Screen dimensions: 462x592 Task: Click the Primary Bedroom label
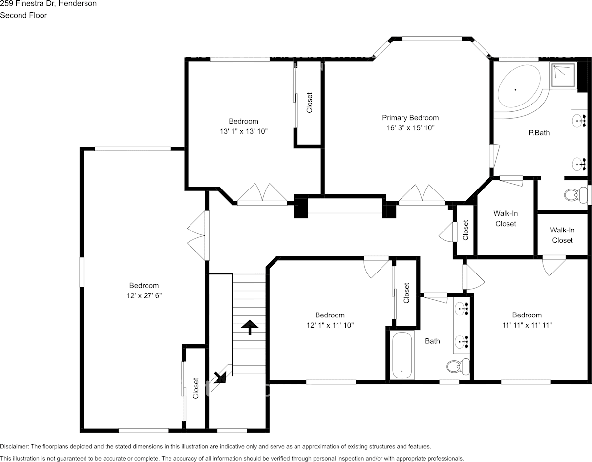pyautogui.click(x=410, y=118)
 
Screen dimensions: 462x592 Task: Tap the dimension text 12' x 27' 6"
pyautogui.click(x=144, y=295)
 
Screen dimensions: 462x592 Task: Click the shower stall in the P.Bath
pyautogui.click(x=564, y=75)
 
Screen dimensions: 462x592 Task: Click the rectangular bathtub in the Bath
pyautogui.click(x=402, y=356)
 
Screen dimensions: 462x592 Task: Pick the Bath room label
pyautogui.click(x=432, y=341)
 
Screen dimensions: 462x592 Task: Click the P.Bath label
pyautogui.click(x=539, y=132)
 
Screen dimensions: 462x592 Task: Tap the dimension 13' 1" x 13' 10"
pyautogui.click(x=243, y=131)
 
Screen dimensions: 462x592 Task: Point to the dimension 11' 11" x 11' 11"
pyautogui.click(x=527, y=325)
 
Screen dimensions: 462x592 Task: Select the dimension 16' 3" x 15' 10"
pyautogui.click(x=410, y=128)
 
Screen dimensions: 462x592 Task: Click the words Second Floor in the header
pyautogui.click(x=23, y=15)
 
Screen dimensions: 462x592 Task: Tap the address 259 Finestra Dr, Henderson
pyautogui.click(x=48, y=4)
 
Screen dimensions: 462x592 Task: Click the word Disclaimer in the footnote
pyautogui.click(x=15, y=446)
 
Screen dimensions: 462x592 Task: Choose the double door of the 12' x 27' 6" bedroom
pyautogui.click(x=198, y=235)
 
